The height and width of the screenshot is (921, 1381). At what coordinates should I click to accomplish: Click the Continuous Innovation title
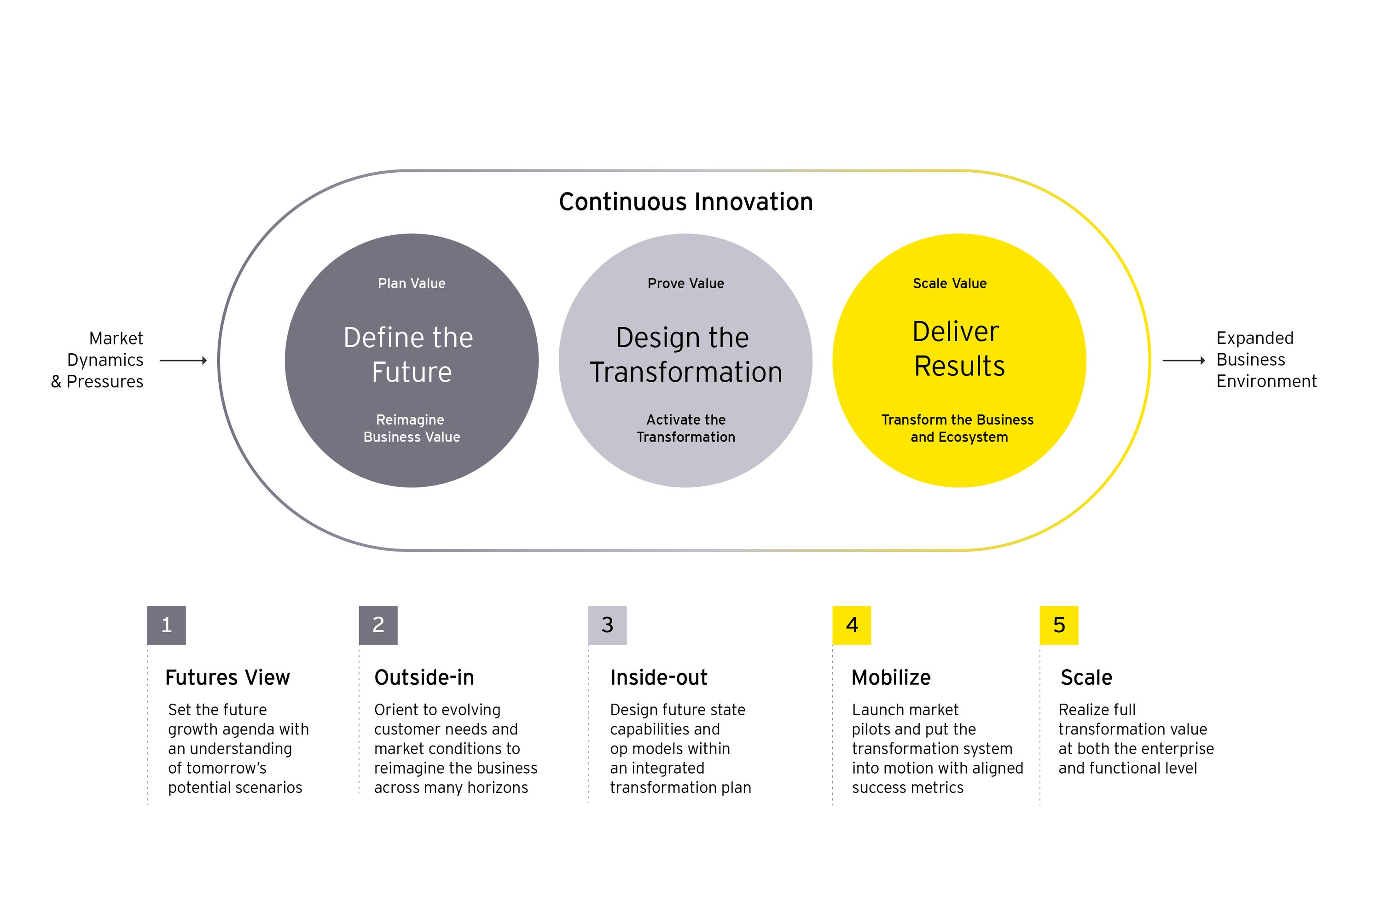[686, 202]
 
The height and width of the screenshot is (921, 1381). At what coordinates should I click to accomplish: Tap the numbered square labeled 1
[167, 625]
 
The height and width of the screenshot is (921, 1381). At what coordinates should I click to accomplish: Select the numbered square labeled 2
[378, 625]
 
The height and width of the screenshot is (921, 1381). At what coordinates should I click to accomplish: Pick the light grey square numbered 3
[608, 625]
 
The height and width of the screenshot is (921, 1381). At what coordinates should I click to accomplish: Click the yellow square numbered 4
[852, 625]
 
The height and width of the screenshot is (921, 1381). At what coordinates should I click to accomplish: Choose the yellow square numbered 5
[1059, 625]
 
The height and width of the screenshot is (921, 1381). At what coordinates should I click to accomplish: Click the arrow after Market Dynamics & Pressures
[183, 360]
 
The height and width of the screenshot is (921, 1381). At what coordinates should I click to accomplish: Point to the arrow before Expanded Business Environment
[1184, 360]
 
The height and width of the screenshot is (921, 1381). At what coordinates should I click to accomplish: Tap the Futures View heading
[227, 677]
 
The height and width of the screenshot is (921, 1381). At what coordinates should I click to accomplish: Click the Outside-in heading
[424, 677]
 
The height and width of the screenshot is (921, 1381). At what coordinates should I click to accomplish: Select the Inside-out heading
[659, 677]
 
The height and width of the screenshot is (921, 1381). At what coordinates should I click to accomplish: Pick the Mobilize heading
[891, 677]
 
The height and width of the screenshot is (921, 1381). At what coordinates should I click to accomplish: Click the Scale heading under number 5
[1086, 677]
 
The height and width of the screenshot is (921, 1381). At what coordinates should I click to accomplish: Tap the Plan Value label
[412, 283]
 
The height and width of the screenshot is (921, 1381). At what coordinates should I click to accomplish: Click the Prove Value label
[686, 283]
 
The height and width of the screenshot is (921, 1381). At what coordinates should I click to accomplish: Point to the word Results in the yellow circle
[959, 366]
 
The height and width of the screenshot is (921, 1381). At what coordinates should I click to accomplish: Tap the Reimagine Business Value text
[412, 428]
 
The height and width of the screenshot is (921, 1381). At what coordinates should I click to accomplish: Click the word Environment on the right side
[1266, 381]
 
